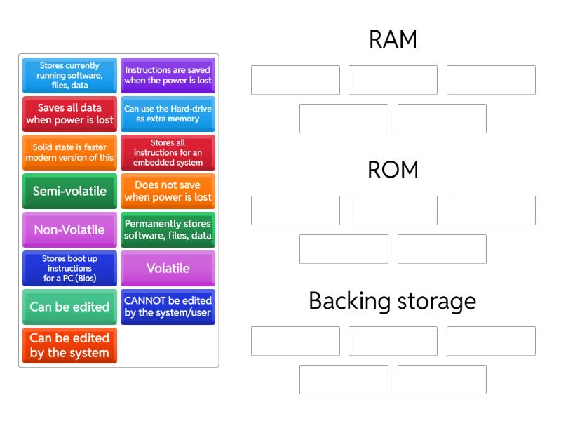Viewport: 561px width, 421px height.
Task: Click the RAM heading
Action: [x=393, y=40]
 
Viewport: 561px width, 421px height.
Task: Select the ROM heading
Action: [x=393, y=170]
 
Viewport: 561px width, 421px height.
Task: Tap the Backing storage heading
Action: [x=393, y=301]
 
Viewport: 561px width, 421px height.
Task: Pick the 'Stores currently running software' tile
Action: [x=69, y=75]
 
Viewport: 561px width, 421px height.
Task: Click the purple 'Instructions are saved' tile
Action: [x=168, y=75]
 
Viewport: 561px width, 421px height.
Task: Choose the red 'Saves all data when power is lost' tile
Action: [x=69, y=114]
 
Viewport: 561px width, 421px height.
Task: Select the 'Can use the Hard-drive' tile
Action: [x=168, y=114]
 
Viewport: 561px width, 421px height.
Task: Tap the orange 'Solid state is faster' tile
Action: [x=69, y=152]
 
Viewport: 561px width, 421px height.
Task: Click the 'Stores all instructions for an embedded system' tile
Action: [x=168, y=152]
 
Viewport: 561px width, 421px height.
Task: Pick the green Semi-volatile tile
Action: [x=69, y=191]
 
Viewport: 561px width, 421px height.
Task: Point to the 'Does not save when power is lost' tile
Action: [x=168, y=191]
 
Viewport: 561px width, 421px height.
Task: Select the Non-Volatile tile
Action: [x=69, y=229]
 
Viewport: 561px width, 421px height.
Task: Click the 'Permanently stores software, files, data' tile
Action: [x=168, y=229]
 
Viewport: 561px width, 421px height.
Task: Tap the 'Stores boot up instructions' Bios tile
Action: [x=69, y=268]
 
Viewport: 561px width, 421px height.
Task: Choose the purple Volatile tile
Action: [x=168, y=268]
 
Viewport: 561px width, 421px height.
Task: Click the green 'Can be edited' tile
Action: [x=69, y=307]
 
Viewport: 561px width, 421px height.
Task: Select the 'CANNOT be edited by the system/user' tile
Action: [x=168, y=307]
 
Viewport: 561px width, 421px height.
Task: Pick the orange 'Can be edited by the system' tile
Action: [x=69, y=345]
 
